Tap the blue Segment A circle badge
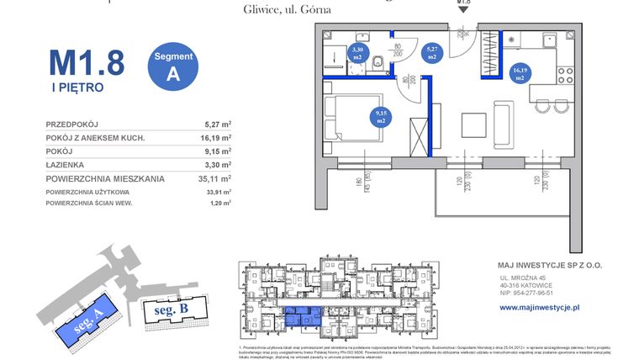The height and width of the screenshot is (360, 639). pos(173,65)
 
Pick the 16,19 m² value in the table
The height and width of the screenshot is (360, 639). pos(215,137)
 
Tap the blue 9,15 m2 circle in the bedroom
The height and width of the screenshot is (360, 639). pos(381,117)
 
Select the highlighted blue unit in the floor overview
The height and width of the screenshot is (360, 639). pos(302,316)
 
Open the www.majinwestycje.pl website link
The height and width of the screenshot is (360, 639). pos(539,309)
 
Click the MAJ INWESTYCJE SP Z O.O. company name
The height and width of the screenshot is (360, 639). pos(551,263)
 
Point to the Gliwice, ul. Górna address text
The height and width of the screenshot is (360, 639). pos(275,10)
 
